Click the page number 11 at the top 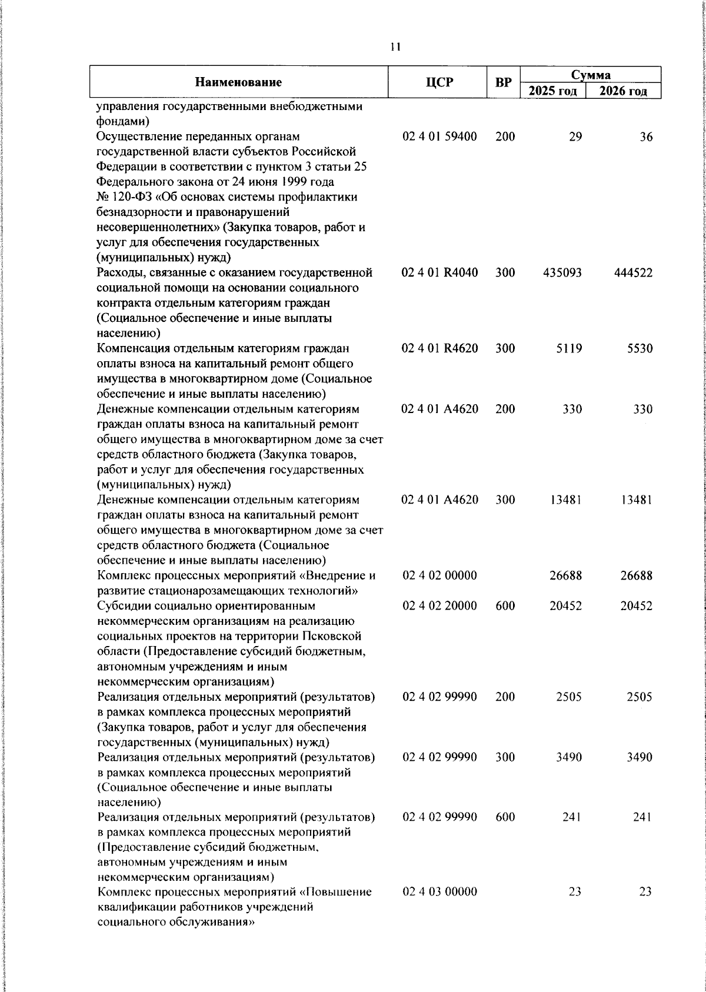395,47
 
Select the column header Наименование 238,82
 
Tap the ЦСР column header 439,82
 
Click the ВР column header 503,82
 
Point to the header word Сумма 591,75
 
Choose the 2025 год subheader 552,91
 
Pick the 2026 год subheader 623,91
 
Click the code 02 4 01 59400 439,137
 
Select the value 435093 562,273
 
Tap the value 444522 632,273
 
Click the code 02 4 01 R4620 439,348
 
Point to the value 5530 640,348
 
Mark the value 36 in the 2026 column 646,137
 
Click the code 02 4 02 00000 439,575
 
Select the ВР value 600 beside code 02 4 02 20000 505,606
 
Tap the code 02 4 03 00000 439,892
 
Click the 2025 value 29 575,137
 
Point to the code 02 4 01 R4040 439,273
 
